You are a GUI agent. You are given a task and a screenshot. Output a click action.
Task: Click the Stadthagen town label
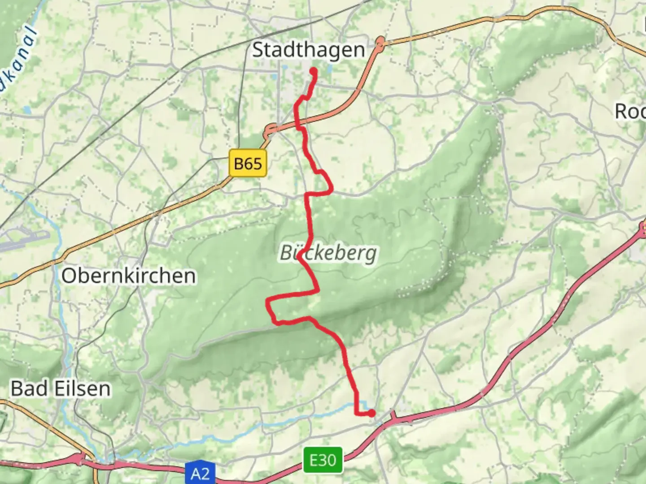point(309,50)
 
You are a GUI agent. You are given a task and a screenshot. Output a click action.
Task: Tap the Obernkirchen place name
point(129,276)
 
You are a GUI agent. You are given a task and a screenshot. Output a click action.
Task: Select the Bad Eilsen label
point(61,389)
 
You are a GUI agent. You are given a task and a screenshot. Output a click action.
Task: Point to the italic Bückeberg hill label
point(328,253)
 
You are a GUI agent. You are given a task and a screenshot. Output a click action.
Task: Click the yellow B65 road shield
point(248,164)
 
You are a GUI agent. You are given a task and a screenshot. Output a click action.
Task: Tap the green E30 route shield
point(323,460)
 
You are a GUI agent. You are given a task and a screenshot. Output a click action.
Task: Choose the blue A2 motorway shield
point(200,474)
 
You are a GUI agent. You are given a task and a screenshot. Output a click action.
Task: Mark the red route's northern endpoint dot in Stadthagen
point(313,71)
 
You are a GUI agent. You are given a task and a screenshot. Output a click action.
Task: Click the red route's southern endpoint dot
point(371,413)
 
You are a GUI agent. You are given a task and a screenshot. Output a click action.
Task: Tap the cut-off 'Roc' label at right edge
point(630,112)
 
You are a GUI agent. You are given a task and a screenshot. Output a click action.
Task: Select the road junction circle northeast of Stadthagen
point(381,43)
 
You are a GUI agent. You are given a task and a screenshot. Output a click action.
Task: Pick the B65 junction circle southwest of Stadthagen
point(270,131)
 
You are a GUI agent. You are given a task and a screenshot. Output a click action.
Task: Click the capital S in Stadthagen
point(258,50)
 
